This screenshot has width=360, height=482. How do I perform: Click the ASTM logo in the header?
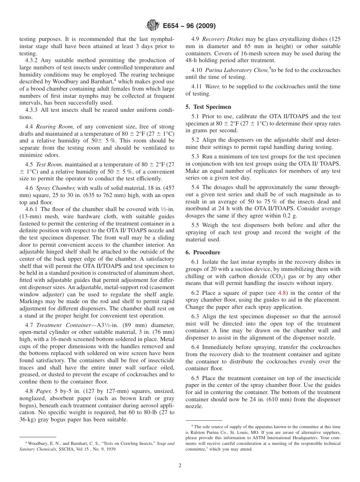coord(152,26)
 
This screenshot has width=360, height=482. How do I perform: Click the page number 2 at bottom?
coord(180,465)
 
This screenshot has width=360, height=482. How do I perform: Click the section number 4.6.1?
coord(32,209)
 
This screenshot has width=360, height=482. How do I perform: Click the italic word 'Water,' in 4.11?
coord(212,86)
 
